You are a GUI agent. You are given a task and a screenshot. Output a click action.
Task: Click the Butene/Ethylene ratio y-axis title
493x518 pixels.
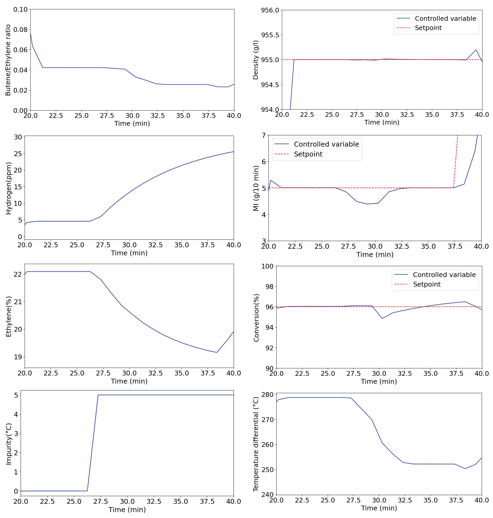coord(8,60)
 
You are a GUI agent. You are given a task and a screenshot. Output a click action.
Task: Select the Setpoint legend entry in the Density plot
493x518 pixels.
coord(428,28)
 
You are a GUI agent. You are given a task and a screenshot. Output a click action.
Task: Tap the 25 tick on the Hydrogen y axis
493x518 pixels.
coord(18,154)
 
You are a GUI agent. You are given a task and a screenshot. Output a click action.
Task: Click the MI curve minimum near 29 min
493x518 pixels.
coord(367,204)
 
